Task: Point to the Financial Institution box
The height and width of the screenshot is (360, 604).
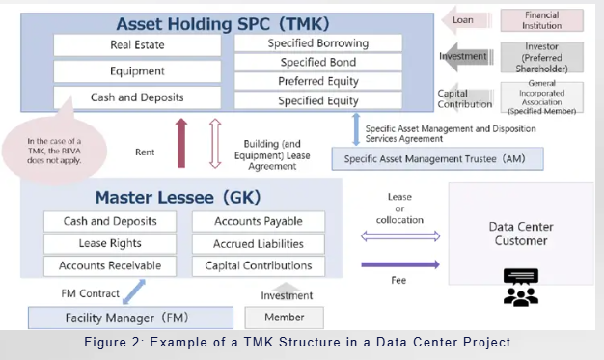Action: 541,20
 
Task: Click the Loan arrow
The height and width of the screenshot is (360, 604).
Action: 462,19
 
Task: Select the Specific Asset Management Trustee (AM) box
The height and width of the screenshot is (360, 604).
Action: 436,158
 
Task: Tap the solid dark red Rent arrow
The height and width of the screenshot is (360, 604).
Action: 180,143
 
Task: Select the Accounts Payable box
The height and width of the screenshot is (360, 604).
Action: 258,222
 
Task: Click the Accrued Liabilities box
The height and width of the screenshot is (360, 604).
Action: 258,243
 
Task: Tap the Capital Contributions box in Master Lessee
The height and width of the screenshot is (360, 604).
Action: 258,265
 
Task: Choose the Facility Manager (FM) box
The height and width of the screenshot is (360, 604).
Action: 130,317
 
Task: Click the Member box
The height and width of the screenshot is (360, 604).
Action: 284,317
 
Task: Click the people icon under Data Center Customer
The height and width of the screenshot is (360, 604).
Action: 520,288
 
